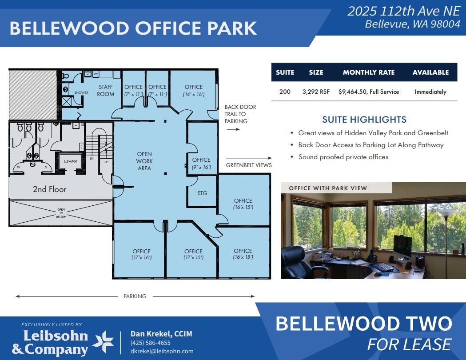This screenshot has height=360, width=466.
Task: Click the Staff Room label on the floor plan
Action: click(x=106, y=90)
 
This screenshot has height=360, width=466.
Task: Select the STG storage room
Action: click(x=202, y=193)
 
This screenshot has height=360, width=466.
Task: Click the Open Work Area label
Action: click(x=144, y=161)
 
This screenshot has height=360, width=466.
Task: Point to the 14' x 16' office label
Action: click(x=194, y=90)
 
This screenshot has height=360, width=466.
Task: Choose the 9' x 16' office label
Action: click(x=201, y=163)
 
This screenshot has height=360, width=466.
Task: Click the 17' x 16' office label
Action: click(x=141, y=254)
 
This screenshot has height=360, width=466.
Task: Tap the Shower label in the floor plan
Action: click(x=81, y=93)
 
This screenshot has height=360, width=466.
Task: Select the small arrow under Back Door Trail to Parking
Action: click(x=233, y=129)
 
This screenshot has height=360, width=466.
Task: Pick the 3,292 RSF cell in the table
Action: click(x=316, y=92)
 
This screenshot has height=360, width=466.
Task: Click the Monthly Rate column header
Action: click(x=369, y=72)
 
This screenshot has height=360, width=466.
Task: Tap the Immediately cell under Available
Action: click(x=430, y=92)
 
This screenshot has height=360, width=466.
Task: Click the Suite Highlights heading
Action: click(x=364, y=120)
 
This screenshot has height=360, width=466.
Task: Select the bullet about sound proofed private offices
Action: click(x=343, y=157)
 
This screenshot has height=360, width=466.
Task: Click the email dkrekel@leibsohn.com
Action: click(x=162, y=351)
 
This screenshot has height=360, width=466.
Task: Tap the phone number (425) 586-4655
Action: click(x=151, y=343)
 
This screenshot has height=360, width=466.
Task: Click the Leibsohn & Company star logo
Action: click(x=103, y=341)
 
